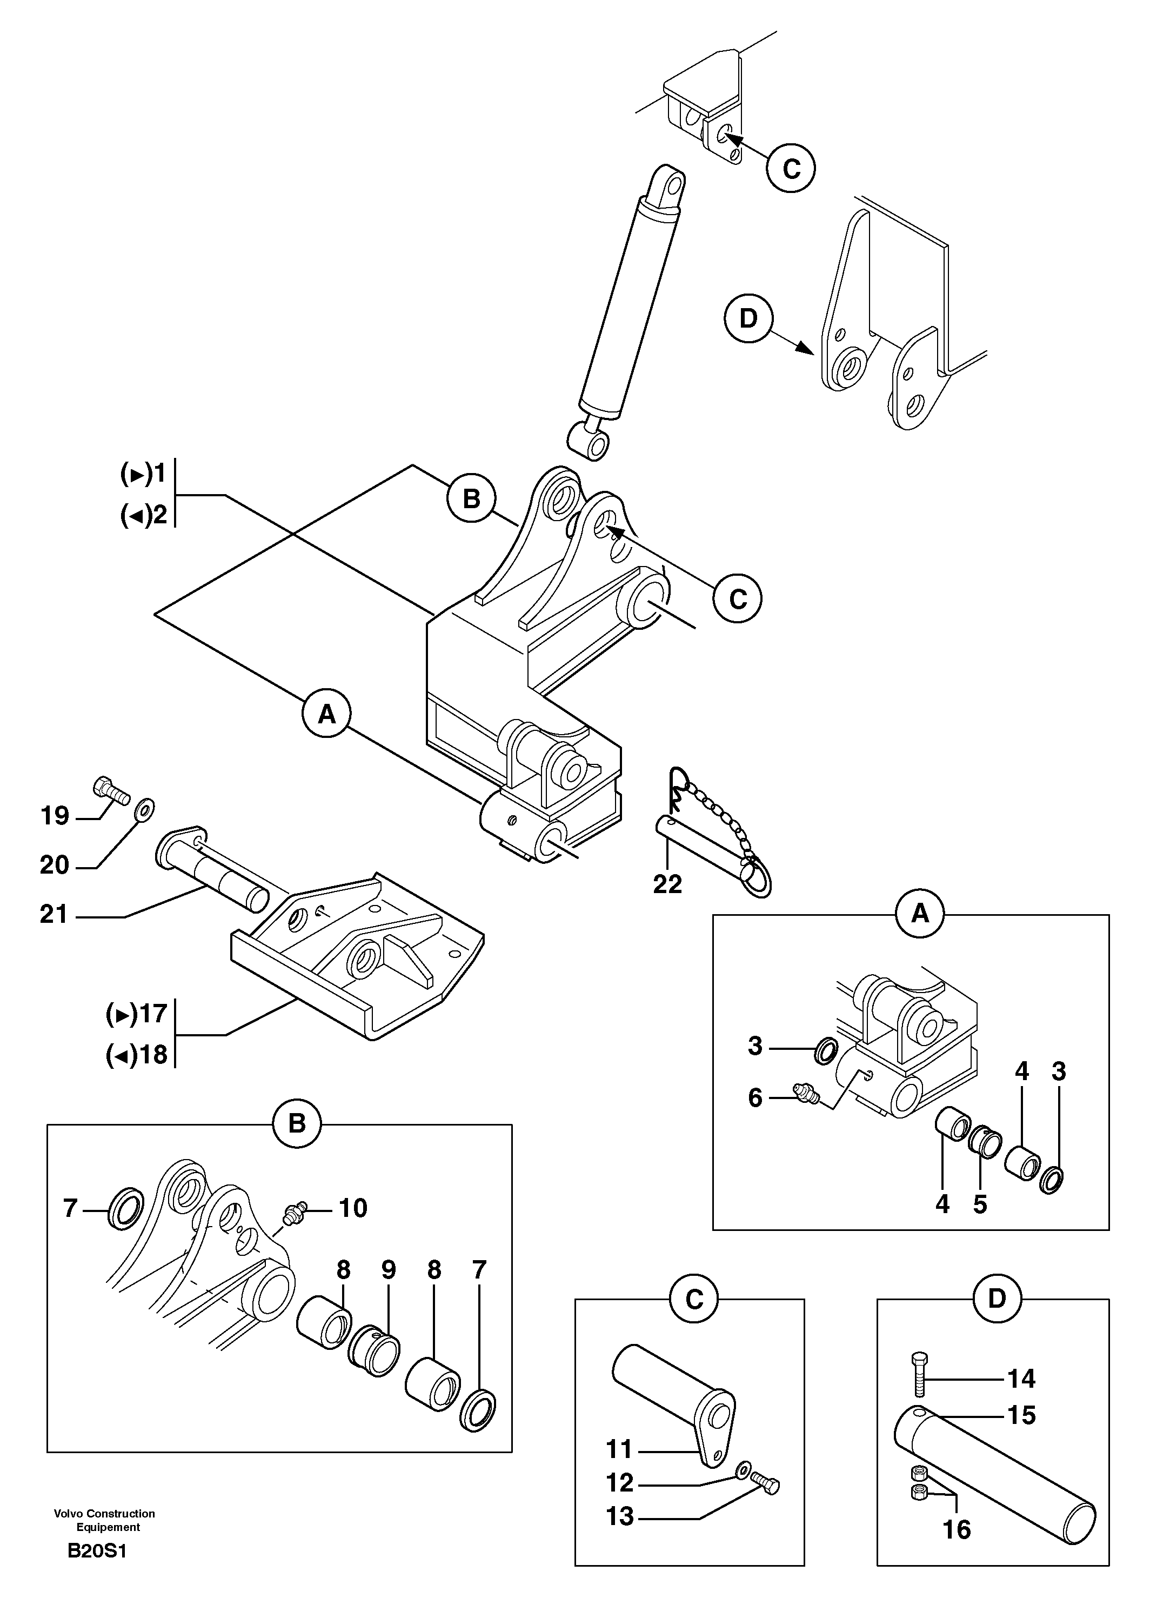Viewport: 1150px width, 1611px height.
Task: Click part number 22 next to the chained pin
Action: click(667, 884)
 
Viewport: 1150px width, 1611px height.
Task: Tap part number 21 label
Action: click(54, 915)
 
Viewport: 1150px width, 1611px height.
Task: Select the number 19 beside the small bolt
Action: click(55, 816)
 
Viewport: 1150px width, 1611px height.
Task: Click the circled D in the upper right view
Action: click(748, 319)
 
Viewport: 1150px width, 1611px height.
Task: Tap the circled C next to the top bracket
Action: click(791, 168)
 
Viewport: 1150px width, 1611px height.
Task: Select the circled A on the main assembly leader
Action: click(326, 714)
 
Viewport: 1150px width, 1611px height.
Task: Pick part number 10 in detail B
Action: click(353, 1208)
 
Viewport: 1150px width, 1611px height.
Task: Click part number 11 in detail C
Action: click(619, 1449)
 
